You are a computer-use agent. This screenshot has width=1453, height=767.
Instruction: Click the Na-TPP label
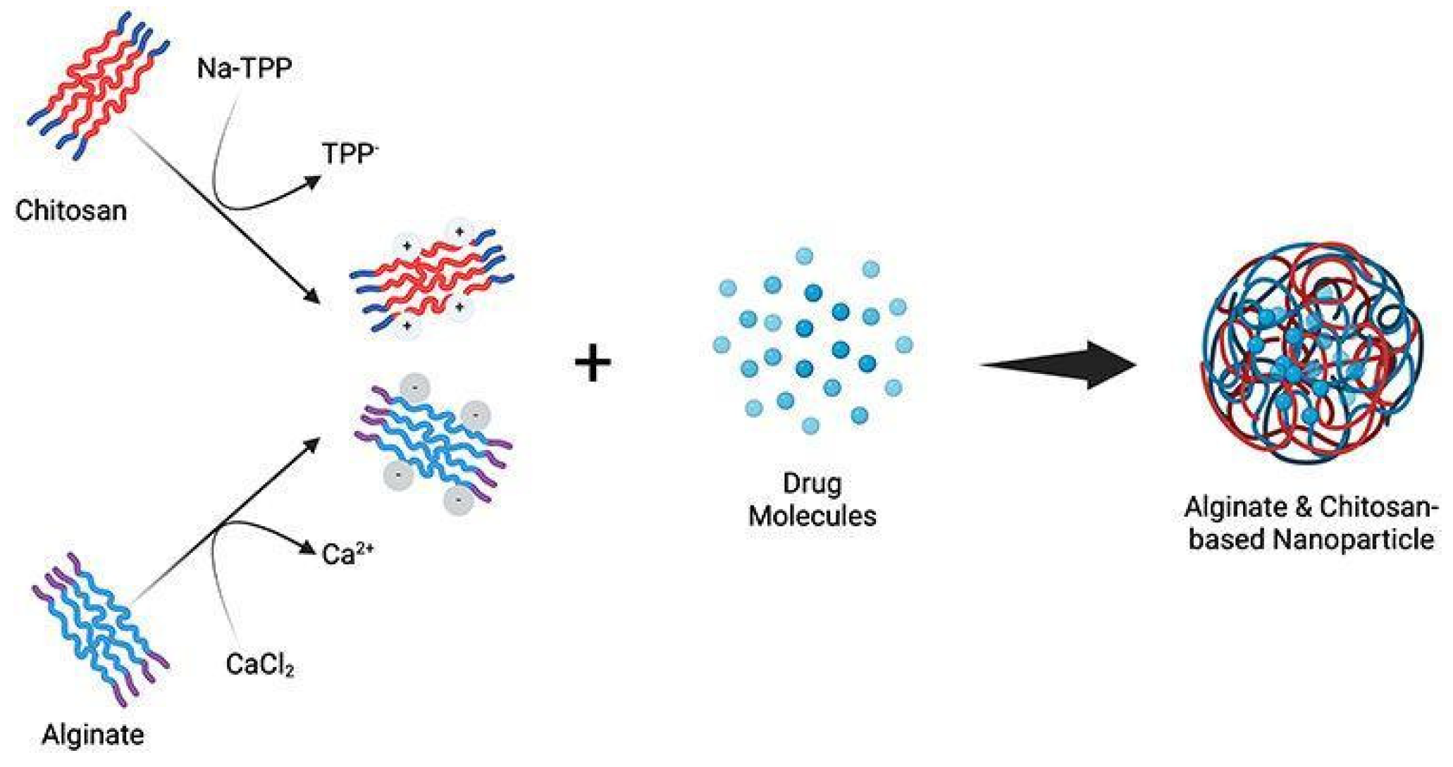pyautogui.click(x=244, y=69)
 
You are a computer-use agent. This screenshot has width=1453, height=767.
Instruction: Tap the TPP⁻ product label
pyautogui.click(x=349, y=154)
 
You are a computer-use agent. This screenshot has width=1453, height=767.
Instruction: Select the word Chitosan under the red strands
pyautogui.click(x=71, y=210)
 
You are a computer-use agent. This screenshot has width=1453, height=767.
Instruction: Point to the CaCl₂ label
pyautogui.click(x=259, y=665)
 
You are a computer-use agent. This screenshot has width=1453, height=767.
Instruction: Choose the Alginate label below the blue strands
pyautogui.click(x=92, y=735)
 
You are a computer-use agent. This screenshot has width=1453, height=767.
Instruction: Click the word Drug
pyautogui.click(x=812, y=483)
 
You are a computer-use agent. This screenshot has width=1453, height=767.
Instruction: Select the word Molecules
pyautogui.click(x=812, y=516)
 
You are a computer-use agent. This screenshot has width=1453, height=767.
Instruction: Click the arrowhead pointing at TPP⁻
pyautogui.click(x=311, y=182)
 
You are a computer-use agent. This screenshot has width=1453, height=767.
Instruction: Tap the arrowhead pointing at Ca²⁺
pyautogui.click(x=307, y=547)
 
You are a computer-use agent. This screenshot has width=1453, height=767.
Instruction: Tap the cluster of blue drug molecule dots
pyautogui.click(x=812, y=343)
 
